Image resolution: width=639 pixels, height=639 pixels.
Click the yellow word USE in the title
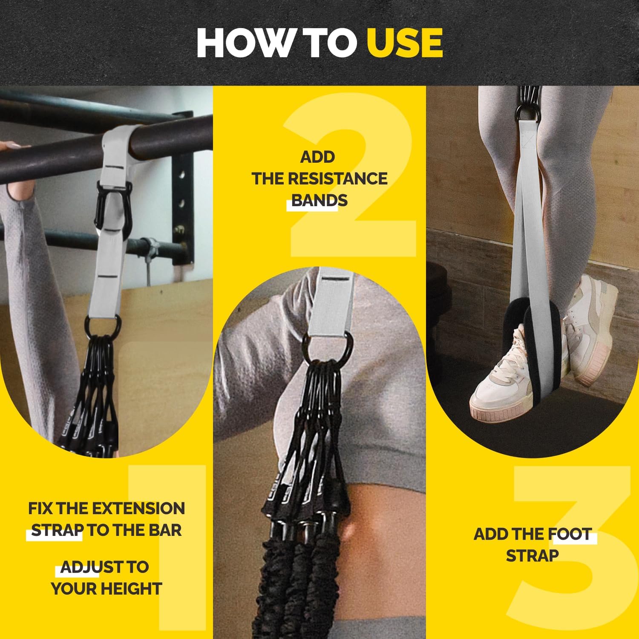(405, 43)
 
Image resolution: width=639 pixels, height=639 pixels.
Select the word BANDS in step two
(319, 200)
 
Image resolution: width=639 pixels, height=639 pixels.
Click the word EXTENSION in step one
(139, 508)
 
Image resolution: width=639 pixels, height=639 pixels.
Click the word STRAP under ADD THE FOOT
(532, 556)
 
